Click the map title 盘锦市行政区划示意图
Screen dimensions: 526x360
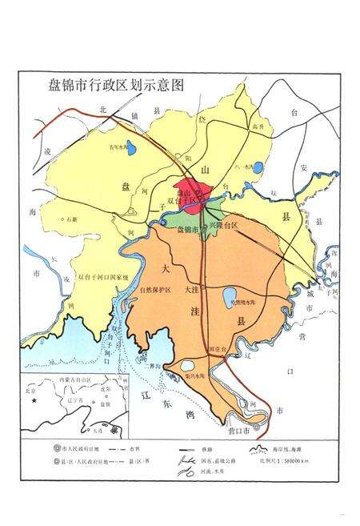111,84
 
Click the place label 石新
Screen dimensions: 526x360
75,218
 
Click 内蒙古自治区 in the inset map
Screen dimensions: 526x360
63,379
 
